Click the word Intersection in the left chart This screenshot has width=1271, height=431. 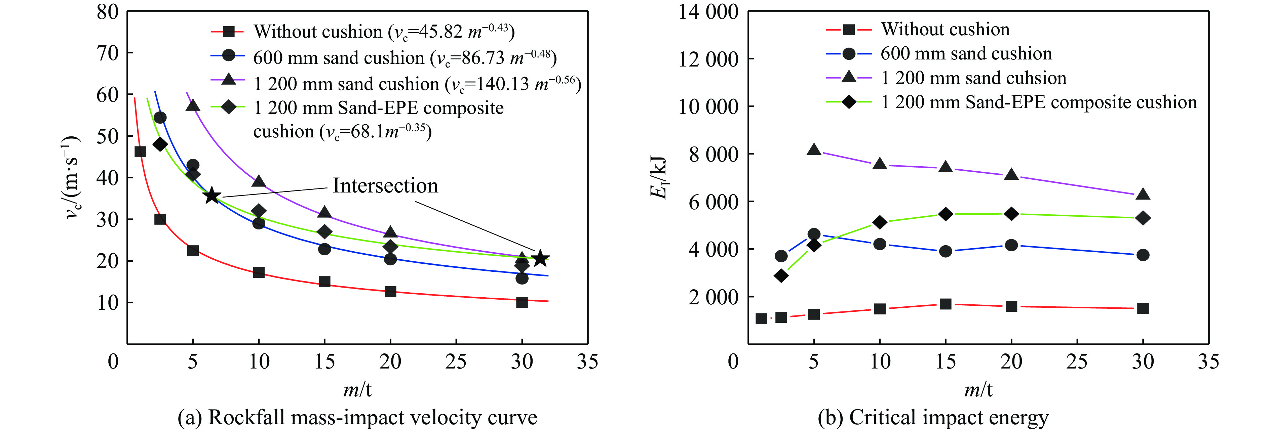(385, 186)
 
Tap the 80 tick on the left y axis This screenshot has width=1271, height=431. (108, 12)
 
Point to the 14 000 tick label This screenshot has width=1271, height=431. (708, 12)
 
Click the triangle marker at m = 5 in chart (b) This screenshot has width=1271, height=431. (814, 150)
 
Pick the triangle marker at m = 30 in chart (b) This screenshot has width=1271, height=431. (1143, 194)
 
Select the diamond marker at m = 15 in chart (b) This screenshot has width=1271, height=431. (946, 214)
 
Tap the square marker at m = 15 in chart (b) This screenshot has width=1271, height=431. (946, 304)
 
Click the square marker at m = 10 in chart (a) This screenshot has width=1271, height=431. (259, 272)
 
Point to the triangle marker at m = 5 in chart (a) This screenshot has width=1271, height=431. (193, 105)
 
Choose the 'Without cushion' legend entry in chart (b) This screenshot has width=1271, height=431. (945, 30)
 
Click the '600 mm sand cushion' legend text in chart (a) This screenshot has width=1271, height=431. (339, 58)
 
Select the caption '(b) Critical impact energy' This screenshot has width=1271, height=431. (932, 417)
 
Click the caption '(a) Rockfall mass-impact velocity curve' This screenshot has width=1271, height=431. (357, 417)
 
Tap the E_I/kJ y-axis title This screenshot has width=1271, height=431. (659, 177)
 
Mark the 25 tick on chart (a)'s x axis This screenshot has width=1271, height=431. (456, 361)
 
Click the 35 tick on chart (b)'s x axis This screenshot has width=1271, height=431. (1208, 361)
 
